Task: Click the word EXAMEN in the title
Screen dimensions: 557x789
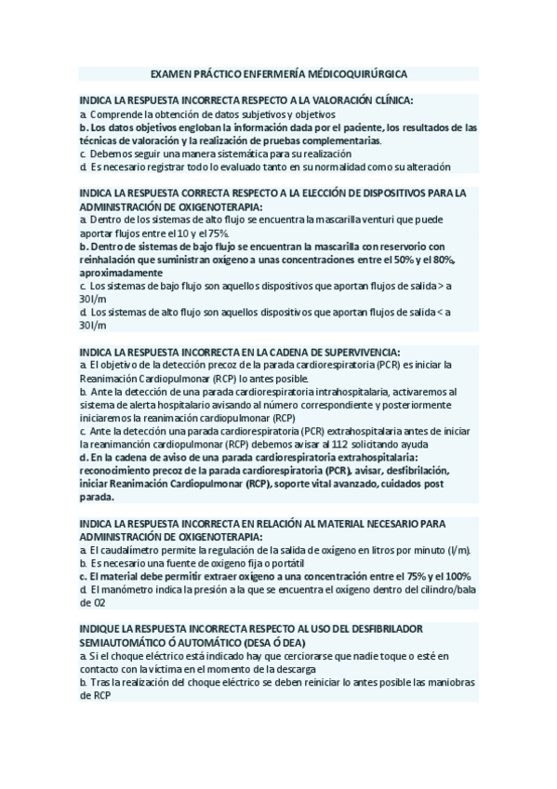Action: point(168,73)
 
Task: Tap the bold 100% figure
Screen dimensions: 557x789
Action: point(456,577)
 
